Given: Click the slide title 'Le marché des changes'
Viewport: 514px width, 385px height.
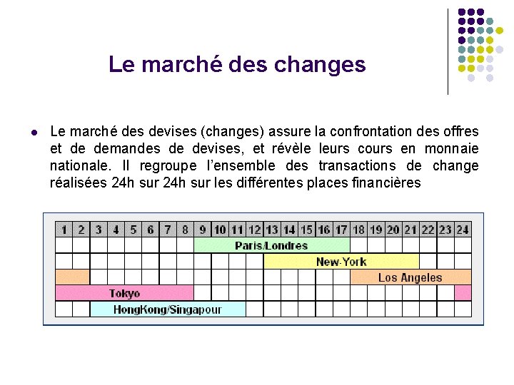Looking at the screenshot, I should [236, 65].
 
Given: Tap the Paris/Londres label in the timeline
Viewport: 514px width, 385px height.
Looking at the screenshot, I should [271, 246].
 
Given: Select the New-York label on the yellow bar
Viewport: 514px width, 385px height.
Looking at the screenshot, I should [341, 262].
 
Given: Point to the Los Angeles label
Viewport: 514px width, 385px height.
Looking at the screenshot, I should [410, 277].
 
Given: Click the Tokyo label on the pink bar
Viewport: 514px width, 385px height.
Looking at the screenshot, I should [124, 293].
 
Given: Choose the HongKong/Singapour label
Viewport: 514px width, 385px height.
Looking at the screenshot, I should [167, 309].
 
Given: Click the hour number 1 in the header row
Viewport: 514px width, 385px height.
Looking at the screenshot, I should [64, 230].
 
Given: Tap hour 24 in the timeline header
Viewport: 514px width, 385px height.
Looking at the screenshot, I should [463, 230].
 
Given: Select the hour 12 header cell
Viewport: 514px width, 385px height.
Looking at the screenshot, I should [254, 230].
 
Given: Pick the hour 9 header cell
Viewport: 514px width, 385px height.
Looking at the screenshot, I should [203, 230].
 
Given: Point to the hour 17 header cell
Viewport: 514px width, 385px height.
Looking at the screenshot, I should [341, 230].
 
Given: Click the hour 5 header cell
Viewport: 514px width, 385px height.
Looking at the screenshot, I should [133, 230].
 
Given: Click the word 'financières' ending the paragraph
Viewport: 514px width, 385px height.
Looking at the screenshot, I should [386, 183].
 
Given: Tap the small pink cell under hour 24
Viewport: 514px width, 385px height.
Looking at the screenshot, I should [463, 293].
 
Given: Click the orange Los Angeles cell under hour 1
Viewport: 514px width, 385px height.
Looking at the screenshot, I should [72, 277].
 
